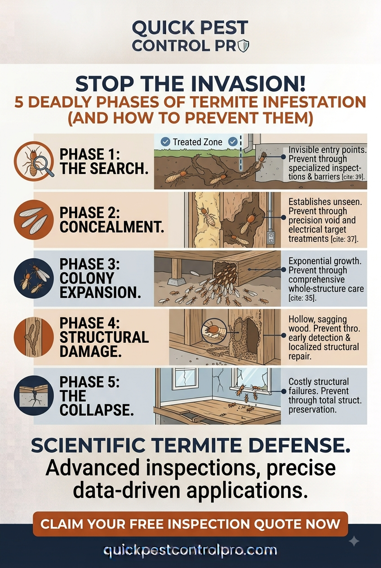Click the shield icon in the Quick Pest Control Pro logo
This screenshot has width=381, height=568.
tap(244, 46)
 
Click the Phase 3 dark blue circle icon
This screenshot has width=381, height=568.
tap(34, 278)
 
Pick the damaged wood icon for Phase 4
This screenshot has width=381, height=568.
tap(34, 337)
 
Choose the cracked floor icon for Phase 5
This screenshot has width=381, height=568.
tap(34, 395)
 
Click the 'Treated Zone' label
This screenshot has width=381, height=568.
tap(198, 142)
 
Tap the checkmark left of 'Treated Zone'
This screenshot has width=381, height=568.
tap(165, 142)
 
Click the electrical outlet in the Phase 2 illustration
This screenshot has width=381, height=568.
tap(271, 238)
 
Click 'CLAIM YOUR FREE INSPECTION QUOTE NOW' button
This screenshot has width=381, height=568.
tap(190, 524)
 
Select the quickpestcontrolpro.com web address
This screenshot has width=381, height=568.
tap(190, 550)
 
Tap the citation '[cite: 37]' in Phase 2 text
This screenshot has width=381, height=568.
tap(345, 239)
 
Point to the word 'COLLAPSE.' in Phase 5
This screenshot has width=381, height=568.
tap(97, 410)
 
